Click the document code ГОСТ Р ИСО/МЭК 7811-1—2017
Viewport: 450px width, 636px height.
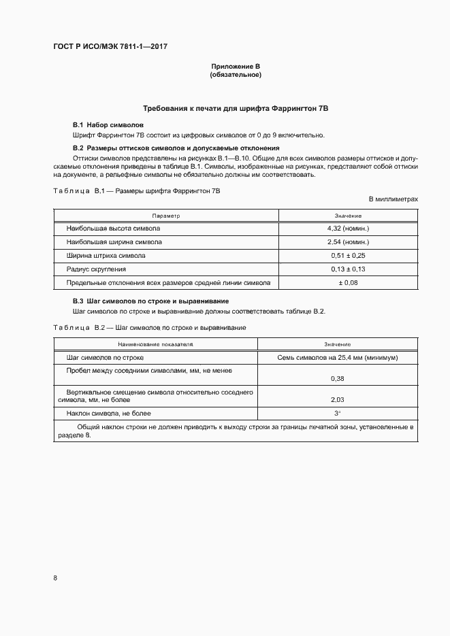click(110, 47)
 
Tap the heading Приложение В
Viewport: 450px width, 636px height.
click(236, 66)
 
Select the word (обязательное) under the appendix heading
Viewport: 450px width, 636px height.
click(236, 74)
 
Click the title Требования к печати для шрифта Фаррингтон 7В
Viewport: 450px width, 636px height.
click(236, 109)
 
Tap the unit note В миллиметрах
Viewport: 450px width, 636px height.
click(393, 199)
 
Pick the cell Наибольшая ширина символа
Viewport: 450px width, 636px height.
click(114, 241)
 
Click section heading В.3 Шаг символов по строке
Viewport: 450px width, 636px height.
click(150, 301)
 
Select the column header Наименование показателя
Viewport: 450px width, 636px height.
click(156, 344)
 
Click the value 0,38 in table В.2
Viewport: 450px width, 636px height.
click(337, 378)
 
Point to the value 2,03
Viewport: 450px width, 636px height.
click(337, 400)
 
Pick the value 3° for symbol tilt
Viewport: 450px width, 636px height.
click(337, 414)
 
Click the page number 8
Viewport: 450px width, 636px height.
click(55, 578)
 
